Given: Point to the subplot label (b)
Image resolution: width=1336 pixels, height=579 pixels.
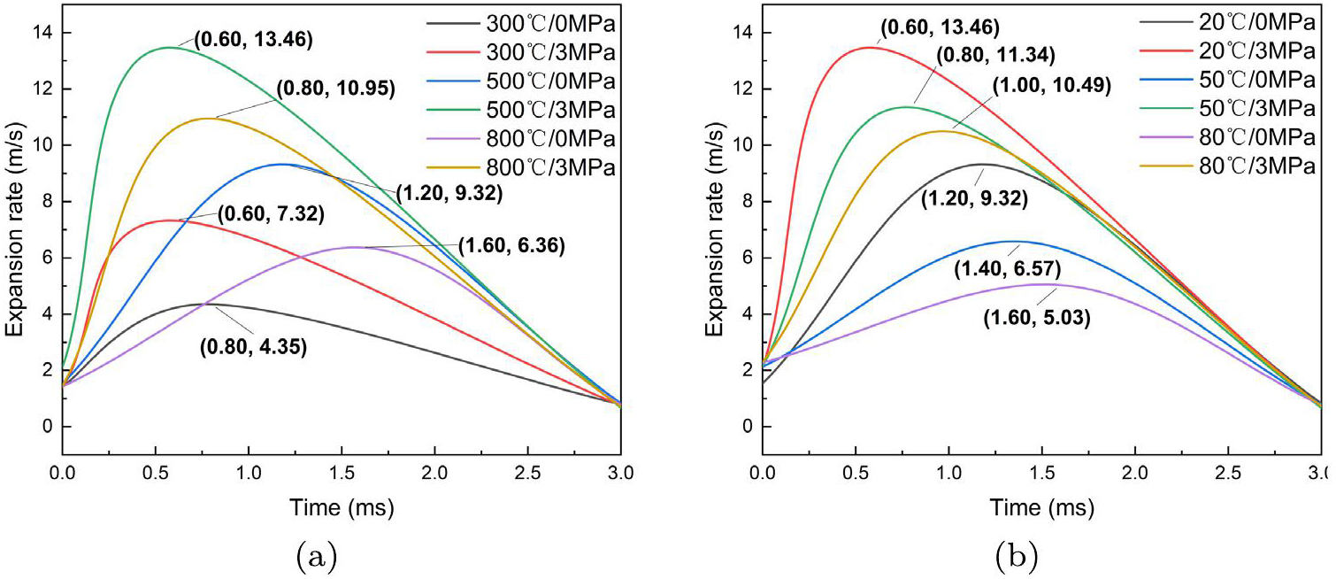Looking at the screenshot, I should click(1016, 557).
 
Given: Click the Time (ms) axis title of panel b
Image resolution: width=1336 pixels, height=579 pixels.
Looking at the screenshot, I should click(1041, 508).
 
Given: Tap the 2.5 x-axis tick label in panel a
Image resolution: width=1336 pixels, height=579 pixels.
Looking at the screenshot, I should click(528, 475).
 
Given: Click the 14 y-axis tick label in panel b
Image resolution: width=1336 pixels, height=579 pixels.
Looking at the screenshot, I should click(736, 34).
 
